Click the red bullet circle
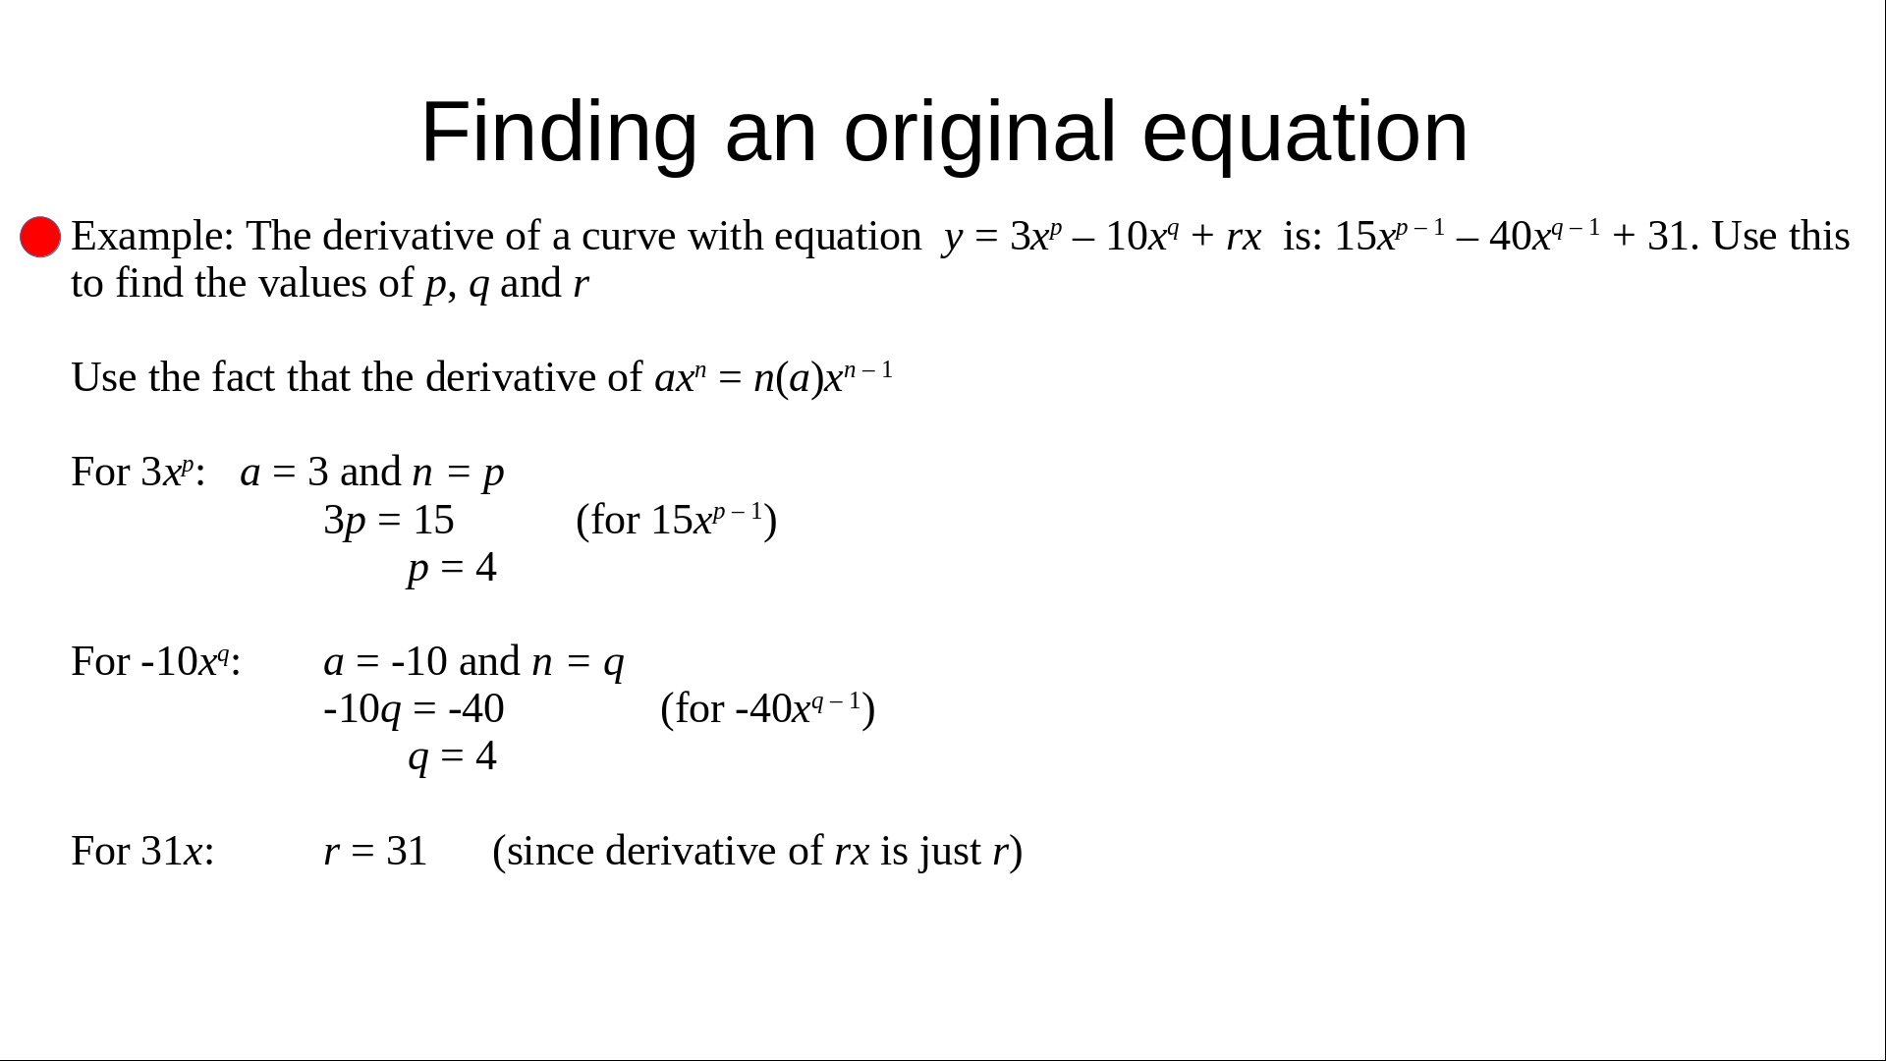[x=40, y=237]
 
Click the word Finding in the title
[x=559, y=133]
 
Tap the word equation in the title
[x=1304, y=133]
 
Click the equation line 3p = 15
[x=389, y=521]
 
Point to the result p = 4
[x=452, y=568]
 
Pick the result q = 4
[x=452, y=756]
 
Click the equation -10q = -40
[x=414, y=709]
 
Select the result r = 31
[x=375, y=851]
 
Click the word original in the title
[x=979, y=133]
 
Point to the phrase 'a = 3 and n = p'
[x=371, y=473]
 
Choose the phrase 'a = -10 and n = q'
[x=473, y=662]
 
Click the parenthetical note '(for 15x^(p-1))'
[x=677, y=521]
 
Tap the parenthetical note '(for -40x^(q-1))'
[x=768, y=709]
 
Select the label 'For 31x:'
[x=142, y=851]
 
